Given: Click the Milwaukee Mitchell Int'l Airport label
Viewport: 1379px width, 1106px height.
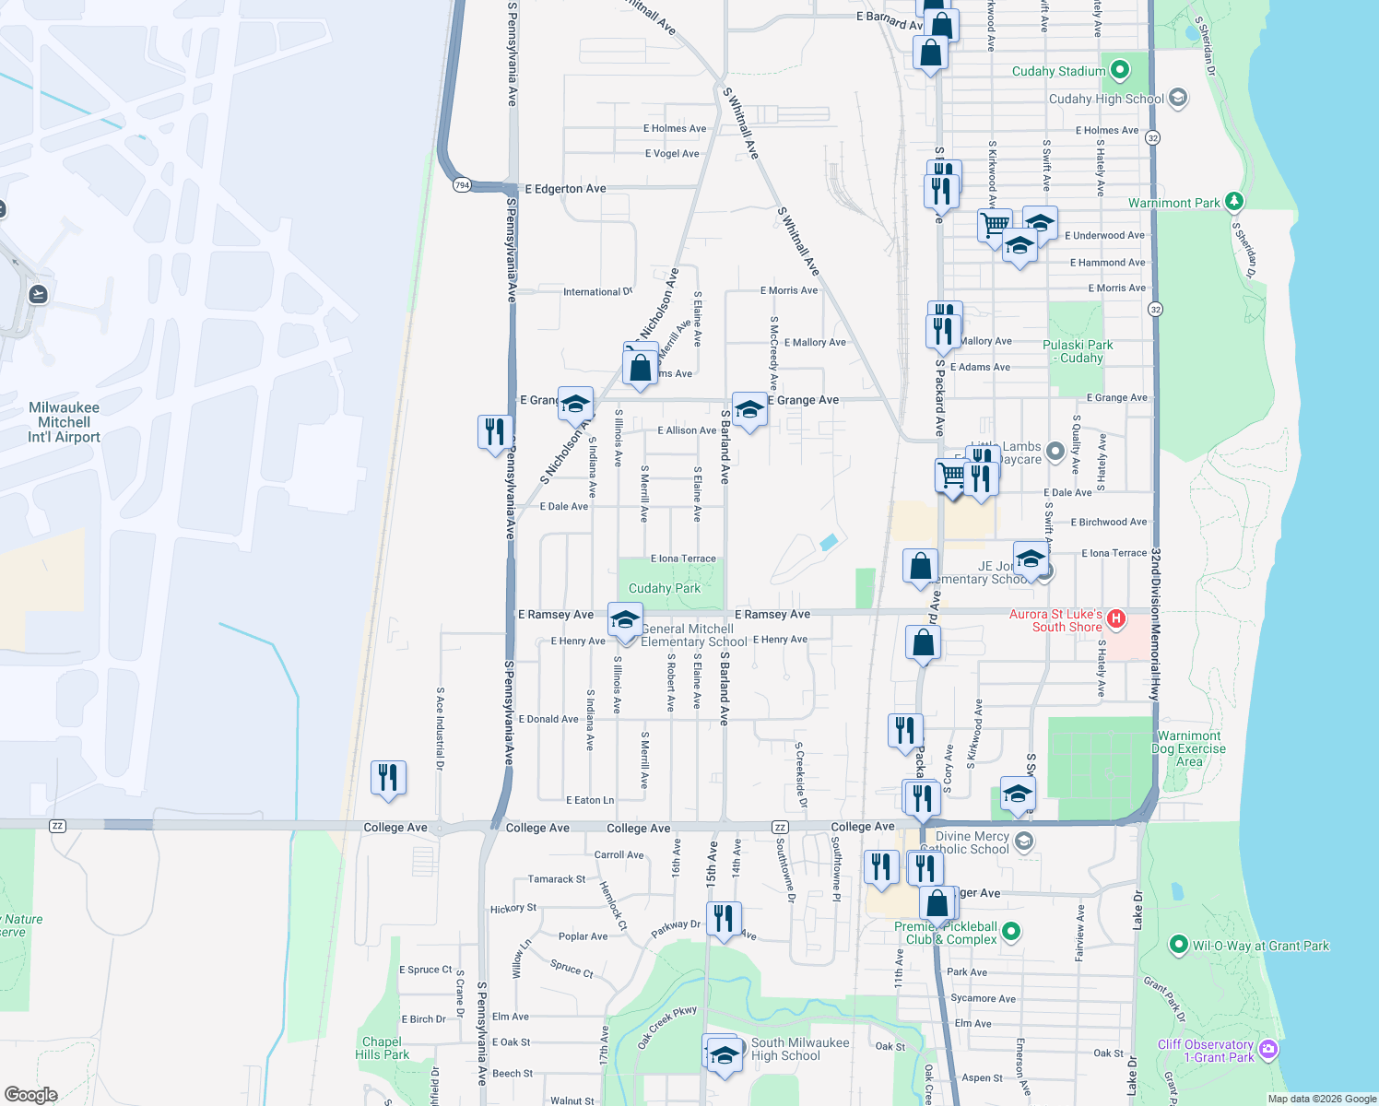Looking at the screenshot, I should (x=64, y=422).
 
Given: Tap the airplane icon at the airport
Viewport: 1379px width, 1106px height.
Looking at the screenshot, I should (x=38, y=294).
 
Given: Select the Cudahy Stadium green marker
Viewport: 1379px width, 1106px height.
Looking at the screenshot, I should (x=1120, y=70).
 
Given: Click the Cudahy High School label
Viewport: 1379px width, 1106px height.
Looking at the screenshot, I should (x=1105, y=99).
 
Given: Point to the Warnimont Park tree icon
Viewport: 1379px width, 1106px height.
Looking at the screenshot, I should (x=1234, y=201).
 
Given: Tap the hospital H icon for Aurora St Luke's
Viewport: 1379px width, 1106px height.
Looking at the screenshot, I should (x=1115, y=618).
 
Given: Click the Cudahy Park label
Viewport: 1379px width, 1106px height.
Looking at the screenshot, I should (x=664, y=588).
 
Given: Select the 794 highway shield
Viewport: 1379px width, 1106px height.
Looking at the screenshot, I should (x=462, y=185).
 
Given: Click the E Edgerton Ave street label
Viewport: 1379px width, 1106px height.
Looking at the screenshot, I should (x=565, y=189).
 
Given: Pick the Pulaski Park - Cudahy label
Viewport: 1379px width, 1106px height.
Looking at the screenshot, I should (x=1078, y=351).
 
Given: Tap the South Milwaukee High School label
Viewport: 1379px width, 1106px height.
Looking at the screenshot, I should (x=799, y=1049).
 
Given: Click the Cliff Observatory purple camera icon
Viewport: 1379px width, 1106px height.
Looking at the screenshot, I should (x=1267, y=1049).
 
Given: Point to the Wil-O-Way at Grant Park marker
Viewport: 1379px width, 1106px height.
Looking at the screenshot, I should (x=1178, y=945).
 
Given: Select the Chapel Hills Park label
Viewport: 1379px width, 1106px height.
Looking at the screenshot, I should (x=382, y=1048).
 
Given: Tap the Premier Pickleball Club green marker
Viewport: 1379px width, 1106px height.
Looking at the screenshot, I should (x=1010, y=932).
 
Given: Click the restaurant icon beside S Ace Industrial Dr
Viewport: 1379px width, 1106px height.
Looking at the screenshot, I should (x=388, y=777).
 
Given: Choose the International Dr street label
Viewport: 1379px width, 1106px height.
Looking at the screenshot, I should (x=597, y=292).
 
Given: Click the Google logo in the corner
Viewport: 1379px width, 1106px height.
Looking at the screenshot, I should (x=30, y=1094).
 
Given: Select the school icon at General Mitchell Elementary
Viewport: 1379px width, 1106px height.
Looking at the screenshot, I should (x=625, y=618).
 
